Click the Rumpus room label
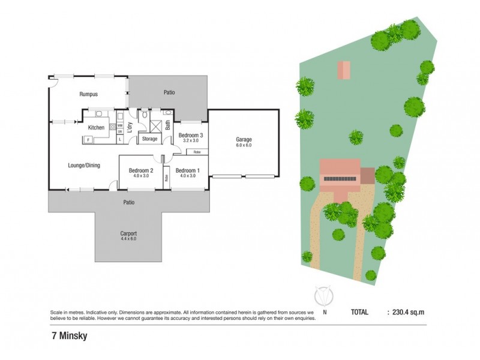point(88,94)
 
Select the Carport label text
point(128,234)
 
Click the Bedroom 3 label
point(191,136)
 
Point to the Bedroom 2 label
point(142,170)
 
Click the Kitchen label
point(97,127)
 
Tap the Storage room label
point(149,139)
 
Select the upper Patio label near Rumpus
point(169,93)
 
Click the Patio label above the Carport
point(128,202)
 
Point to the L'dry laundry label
point(130,128)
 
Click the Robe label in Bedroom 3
point(196,152)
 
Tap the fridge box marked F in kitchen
point(88,140)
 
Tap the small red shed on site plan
point(344,70)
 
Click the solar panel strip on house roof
point(341,179)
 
